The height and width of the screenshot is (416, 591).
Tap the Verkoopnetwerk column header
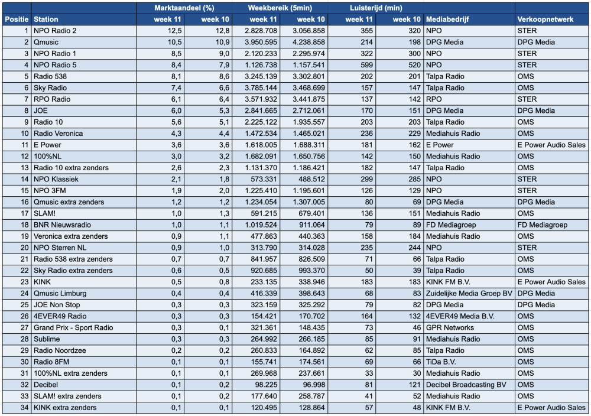(545, 19)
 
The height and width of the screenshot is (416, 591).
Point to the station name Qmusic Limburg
(60, 293)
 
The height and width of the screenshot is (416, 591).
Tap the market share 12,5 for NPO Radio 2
(174, 31)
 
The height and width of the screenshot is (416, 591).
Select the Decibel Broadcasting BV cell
(466, 385)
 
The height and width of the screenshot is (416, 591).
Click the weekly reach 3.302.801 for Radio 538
(305, 76)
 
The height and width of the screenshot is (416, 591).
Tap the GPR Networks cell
(449, 327)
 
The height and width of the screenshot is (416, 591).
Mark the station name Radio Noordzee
(60, 350)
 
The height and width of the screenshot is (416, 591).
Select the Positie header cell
(17, 19)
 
